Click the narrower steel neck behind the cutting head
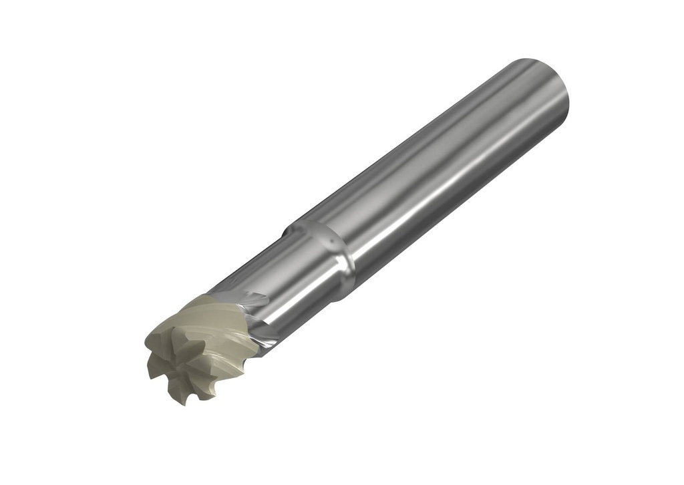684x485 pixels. click(x=281, y=287)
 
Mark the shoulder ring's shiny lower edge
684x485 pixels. click(x=344, y=267)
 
